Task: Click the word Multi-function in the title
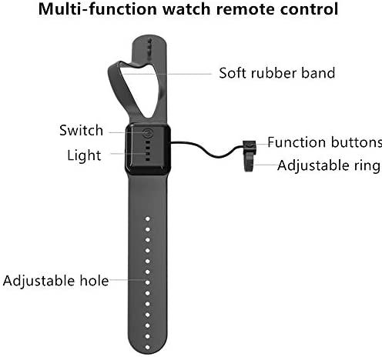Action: pyautogui.click(x=98, y=9)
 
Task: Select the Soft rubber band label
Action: pyautogui.click(x=277, y=73)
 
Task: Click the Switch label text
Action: pyautogui.click(x=81, y=130)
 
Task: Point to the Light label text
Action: pyautogui.click(x=84, y=155)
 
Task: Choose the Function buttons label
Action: pyautogui.click(x=324, y=142)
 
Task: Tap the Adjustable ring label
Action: pyautogui.click(x=329, y=165)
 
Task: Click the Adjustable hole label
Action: pyautogui.click(x=55, y=281)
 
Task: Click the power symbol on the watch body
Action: pyautogui.click(x=148, y=133)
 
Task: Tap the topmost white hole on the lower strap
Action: pyautogui.click(x=148, y=218)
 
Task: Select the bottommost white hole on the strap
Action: pyautogui.click(x=148, y=347)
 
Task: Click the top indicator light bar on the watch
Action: pyautogui.click(x=148, y=142)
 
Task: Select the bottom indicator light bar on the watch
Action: pyautogui.click(x=148, y=159)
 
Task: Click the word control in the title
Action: pyautogui.click(x=309, y=9)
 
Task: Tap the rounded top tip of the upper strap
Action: pyautogui.click(x=149, y=37)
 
